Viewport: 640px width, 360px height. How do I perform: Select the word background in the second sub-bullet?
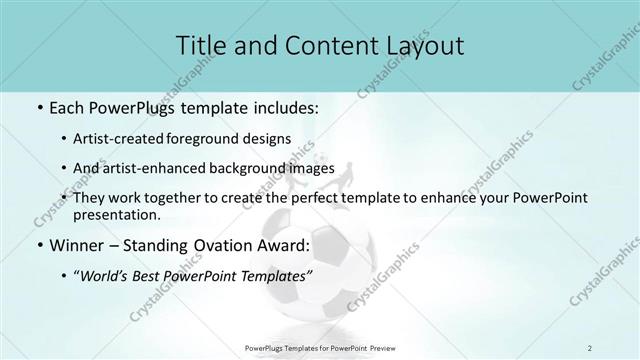pyautogui.click(x=250, y=168)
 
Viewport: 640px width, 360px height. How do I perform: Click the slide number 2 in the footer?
pyautogui.click(x=590, y=347)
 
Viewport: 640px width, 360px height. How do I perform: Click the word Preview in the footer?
pyautogui.click(x=380, y=347)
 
